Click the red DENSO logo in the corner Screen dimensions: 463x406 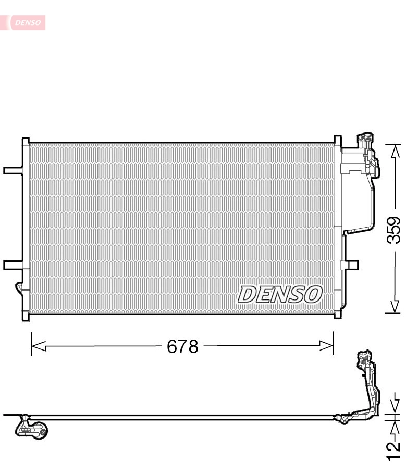[26, 22]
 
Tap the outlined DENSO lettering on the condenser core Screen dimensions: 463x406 [279, 295]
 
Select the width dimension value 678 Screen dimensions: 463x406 [182, 346]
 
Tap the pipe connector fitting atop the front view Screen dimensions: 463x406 [363, 141]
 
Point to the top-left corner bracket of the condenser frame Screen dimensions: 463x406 [25, 141]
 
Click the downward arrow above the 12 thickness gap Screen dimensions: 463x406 [395, 406]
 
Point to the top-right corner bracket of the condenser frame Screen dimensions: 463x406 [337, 141]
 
